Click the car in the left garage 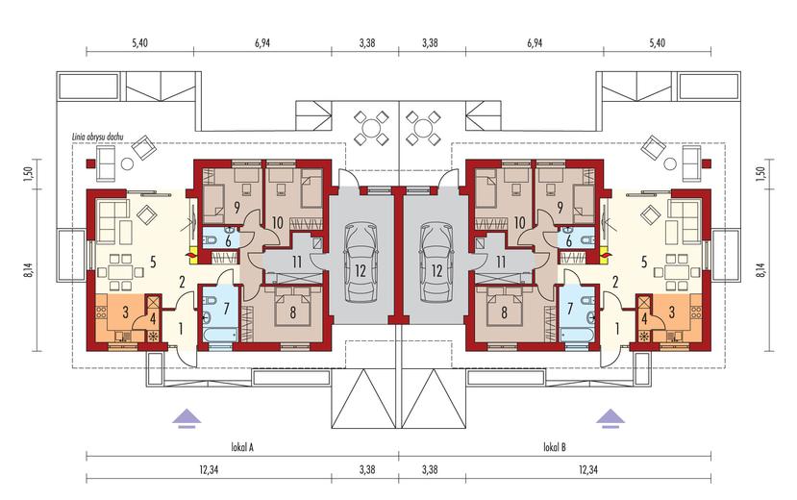[361, 262]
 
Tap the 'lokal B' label [555, 447]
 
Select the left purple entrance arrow [187, 417]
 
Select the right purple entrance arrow [610, 417]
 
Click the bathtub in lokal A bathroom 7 [220, 335]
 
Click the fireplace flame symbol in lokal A [192, 253]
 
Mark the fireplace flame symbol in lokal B [605, 253]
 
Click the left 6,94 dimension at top [262, 43]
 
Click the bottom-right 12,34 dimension [588, 469]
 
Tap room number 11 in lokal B [501, 262]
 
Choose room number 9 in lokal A [237, 208]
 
